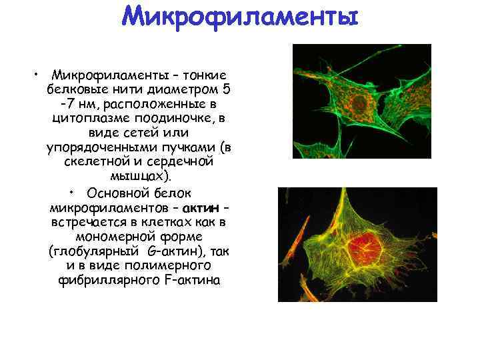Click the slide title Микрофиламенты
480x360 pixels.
click(240, 16)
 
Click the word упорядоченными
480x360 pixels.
click(95, 147)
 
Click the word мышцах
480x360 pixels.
click(137, 177)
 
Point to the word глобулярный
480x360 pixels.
click(93, 251)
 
